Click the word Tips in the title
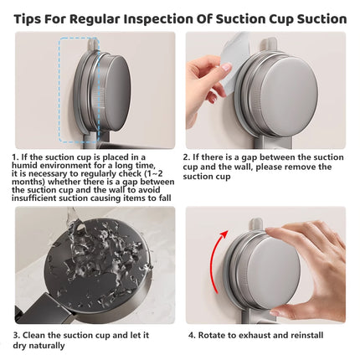tap(27, 19)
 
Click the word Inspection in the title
tap(158, 19)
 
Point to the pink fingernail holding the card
tap(226, 67)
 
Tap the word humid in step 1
tap(23, 165)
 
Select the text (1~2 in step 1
tap(153, 173)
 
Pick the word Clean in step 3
tap(33, 335)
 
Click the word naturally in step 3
tap(47, 346)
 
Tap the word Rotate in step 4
tap(211, 335)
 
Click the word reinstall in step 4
tap(307, 335)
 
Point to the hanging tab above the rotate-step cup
tap(255, 224)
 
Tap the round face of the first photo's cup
tap(116, 93)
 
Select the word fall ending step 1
tap(165, 198)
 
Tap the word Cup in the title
tap(281, 20)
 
